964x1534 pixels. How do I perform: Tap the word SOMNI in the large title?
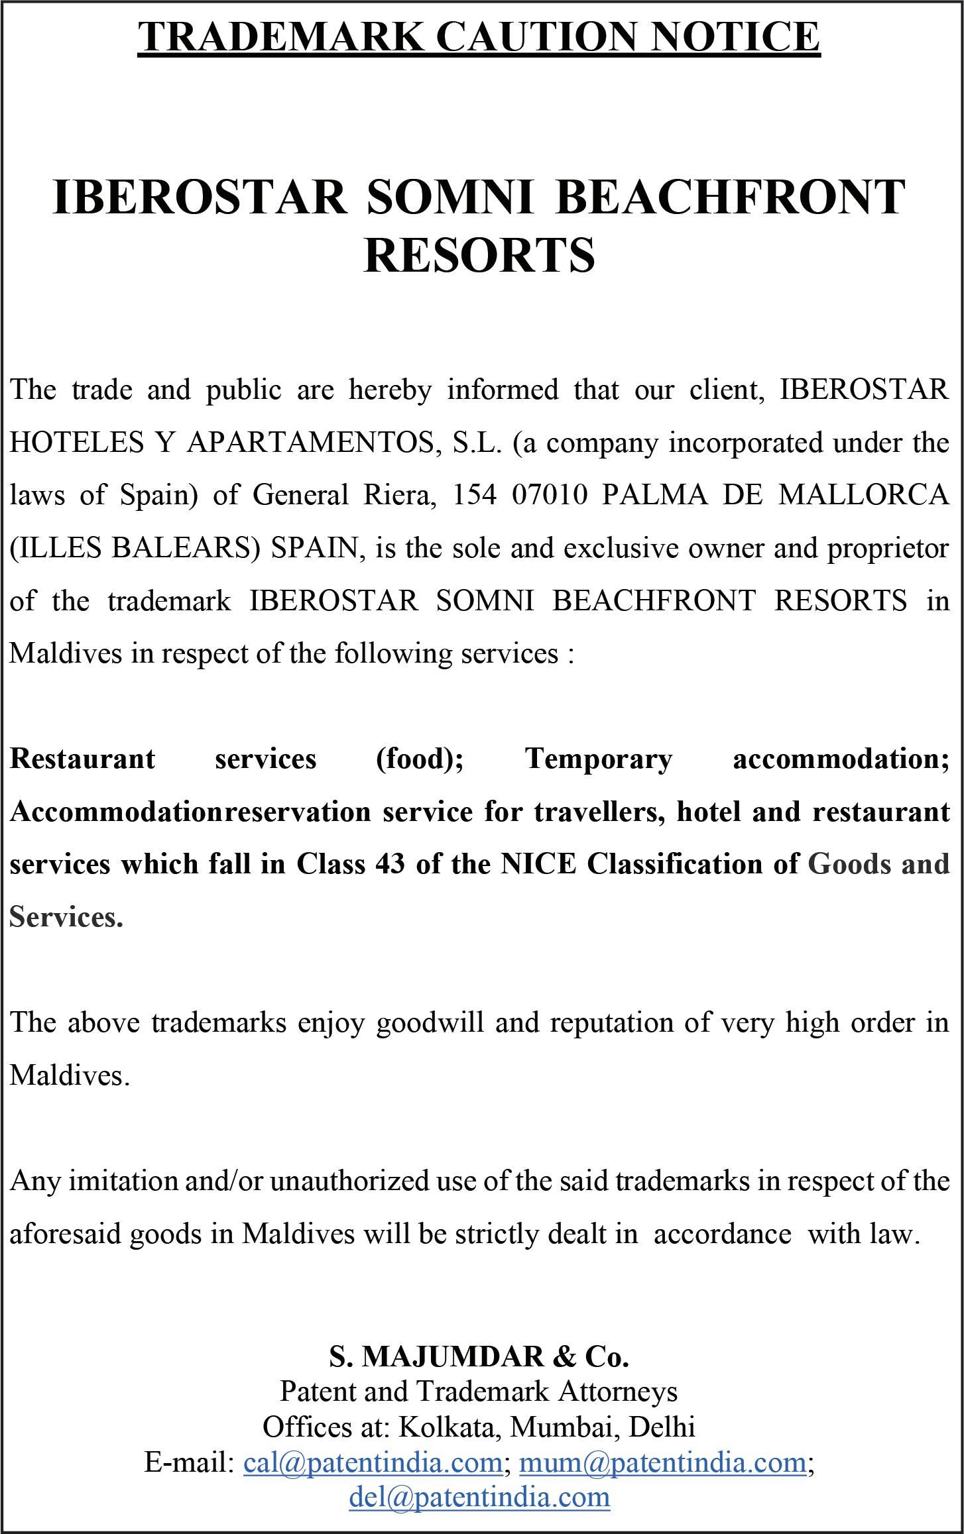450,197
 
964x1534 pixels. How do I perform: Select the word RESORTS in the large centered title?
479,256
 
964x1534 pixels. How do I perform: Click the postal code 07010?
550,495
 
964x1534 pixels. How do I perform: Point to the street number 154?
474,495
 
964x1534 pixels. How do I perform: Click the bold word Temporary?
599,759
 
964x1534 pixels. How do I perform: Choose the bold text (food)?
419,759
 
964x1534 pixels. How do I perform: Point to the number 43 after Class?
389,865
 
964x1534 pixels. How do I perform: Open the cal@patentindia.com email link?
373,1461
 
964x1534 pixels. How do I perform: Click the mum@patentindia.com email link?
662,1461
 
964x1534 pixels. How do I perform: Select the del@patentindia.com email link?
479,1496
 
